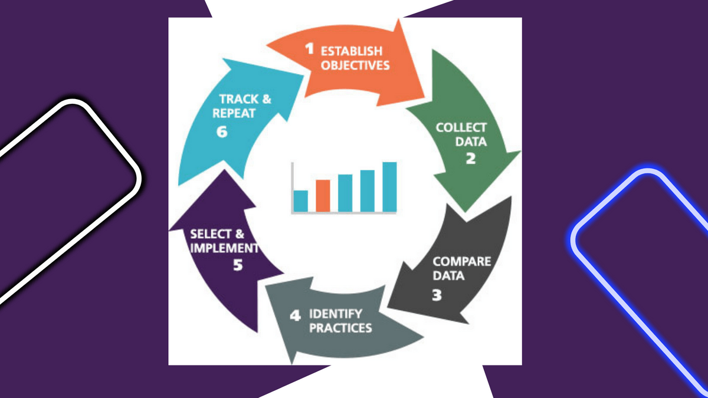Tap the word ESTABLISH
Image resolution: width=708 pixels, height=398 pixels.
[352, 51]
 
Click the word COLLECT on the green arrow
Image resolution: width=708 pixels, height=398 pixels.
[461, 127]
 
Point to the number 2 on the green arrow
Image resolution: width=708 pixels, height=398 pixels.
[470, 157]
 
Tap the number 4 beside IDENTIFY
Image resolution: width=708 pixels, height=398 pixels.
[295, 315]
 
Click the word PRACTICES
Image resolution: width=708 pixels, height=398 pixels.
[340, 327]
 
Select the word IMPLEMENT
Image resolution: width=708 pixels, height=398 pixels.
[224, 248]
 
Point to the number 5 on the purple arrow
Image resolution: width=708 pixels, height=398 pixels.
[237, 265]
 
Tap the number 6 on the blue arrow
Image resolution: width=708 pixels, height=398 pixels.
[222, 131]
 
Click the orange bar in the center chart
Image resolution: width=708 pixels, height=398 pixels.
[323, 195]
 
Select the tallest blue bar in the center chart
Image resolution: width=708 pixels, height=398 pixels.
[389, 186]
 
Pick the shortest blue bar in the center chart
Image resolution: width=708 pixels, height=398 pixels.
[301, 200]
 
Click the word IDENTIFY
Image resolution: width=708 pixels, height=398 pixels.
[336, 314]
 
